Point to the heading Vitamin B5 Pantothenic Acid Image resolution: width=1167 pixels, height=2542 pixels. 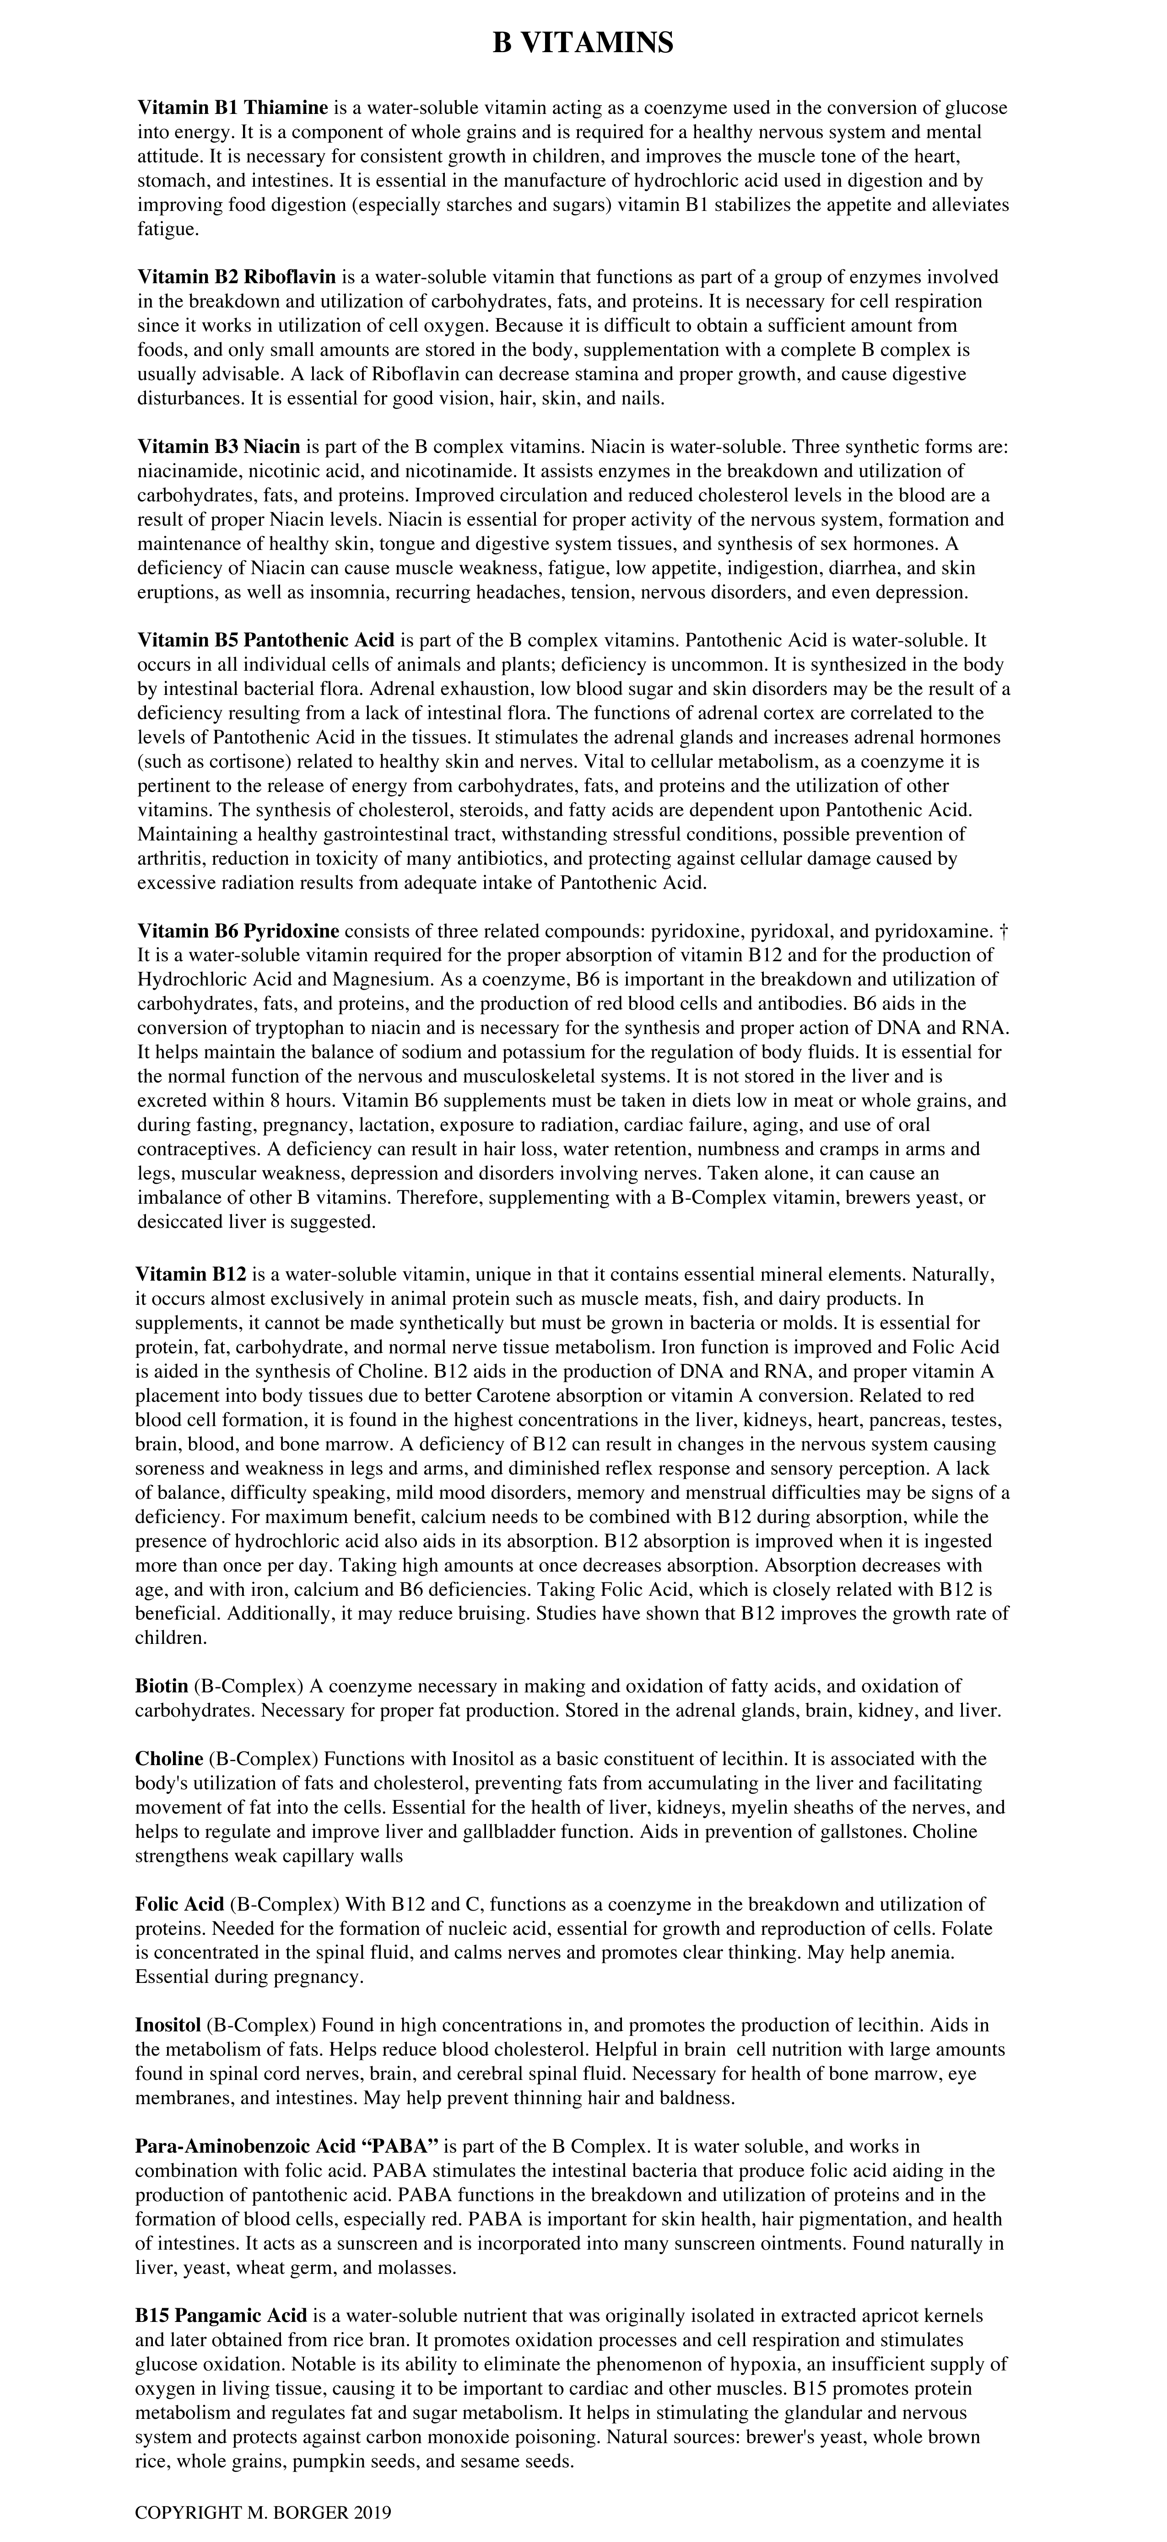(x=266, y=641)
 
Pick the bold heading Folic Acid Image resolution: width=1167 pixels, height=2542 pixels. (x=180, y=1904)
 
